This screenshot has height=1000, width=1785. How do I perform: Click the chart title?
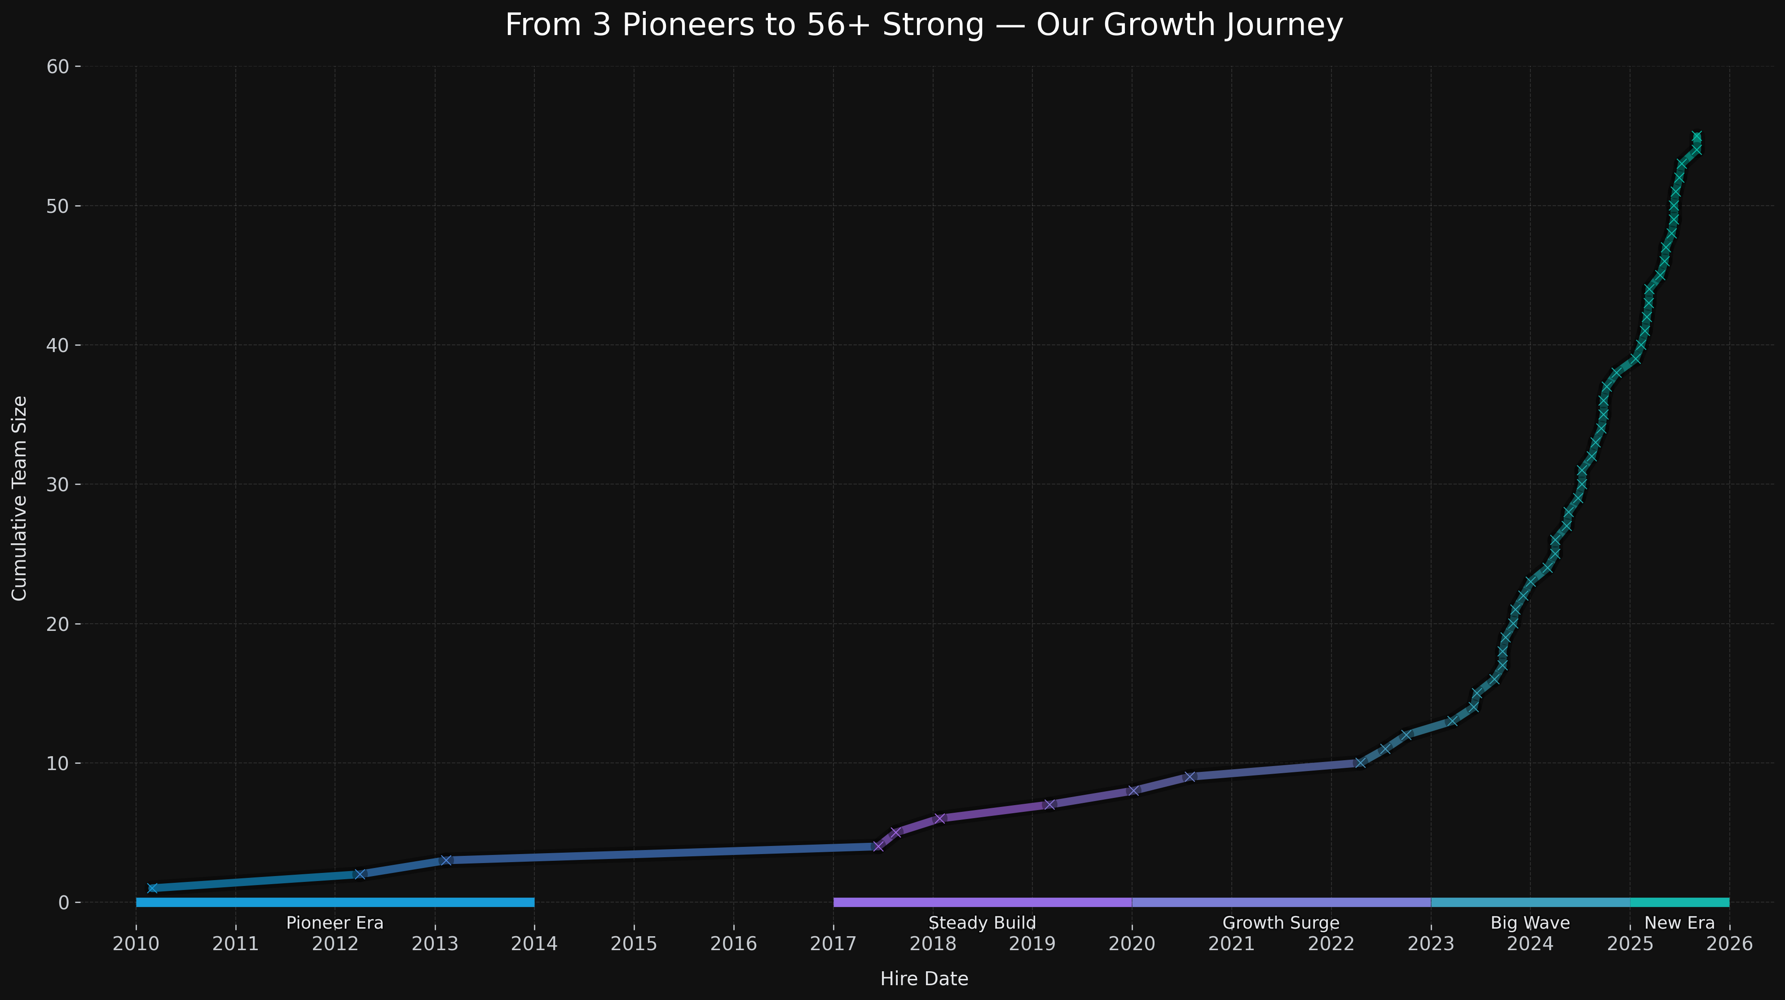point(924,26)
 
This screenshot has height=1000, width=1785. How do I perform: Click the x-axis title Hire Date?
point(924,978)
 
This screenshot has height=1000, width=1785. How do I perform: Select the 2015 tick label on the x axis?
point(633,944)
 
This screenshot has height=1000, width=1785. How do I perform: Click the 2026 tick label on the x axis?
point(1729,944)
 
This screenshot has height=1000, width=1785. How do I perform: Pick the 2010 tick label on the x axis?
point(136,944)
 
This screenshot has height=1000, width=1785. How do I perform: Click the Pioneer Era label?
point(335,923)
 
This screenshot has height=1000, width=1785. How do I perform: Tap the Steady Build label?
point(982,923)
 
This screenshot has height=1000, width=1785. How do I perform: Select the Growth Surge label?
point(1281,923)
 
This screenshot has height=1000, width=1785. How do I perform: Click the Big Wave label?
point(1530,923)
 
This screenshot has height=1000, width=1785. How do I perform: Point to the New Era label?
point(1679,923)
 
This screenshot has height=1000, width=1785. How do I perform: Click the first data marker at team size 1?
point(152,888)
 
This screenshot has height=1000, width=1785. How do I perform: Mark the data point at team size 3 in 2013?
point(445,860)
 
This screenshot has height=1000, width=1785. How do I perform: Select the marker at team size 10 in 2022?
point(1360,762)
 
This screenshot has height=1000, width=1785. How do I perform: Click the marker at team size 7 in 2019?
point(1049,805)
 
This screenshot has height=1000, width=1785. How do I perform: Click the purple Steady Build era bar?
point(982,902)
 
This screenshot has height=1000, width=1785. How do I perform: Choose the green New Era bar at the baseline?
point(1679,902)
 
